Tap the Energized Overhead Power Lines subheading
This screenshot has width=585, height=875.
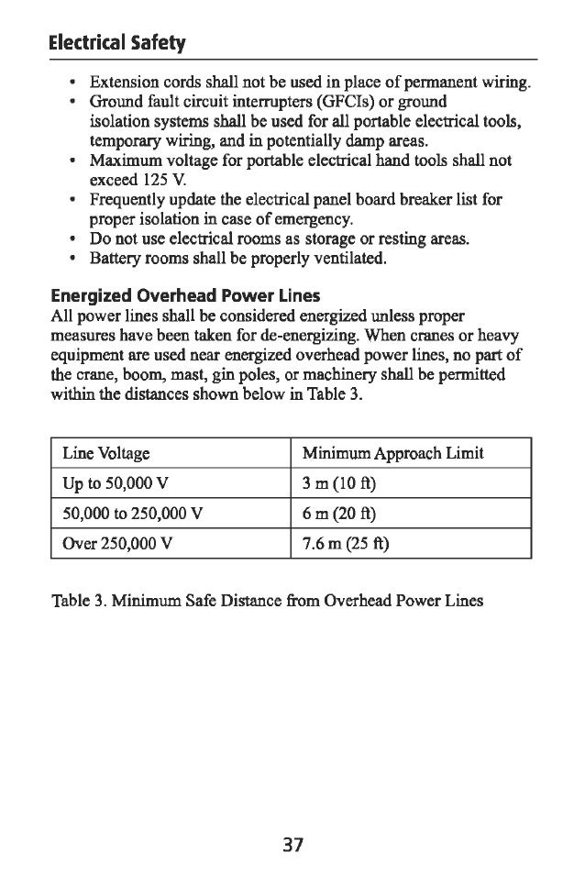[185, 295]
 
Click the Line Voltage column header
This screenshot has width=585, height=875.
[106, 453]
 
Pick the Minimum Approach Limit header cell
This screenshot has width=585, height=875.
[392, 453]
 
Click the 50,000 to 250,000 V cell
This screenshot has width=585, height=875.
[134, 513]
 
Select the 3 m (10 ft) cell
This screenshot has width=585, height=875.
[341, 483]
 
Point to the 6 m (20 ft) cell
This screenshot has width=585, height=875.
[341, 513]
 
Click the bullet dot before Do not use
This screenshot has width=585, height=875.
[72, 239]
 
